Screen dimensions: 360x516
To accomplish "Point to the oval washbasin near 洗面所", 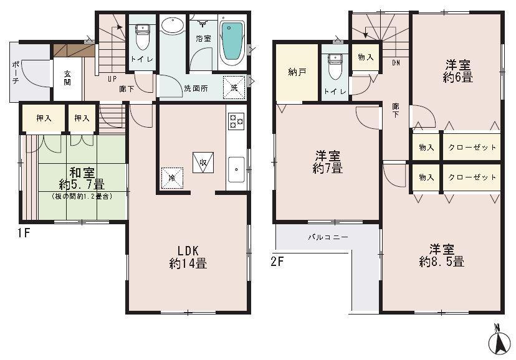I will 171,26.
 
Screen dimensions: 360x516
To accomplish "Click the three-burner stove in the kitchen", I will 237,121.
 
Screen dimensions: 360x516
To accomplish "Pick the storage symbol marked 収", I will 203,161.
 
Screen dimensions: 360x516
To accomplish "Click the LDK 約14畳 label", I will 188,257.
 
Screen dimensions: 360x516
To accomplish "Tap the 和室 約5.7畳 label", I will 82,178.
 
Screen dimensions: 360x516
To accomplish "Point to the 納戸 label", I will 297,72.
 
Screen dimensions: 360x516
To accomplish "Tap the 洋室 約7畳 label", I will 327,161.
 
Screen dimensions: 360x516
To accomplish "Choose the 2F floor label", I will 277,261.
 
